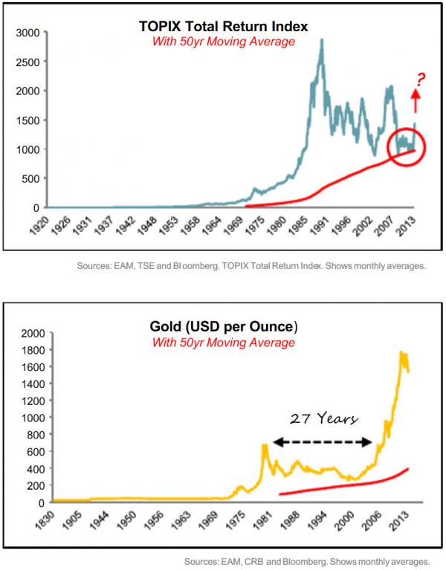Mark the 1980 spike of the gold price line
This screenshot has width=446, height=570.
click(264, 446)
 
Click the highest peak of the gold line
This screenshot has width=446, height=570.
click(402, 353)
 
